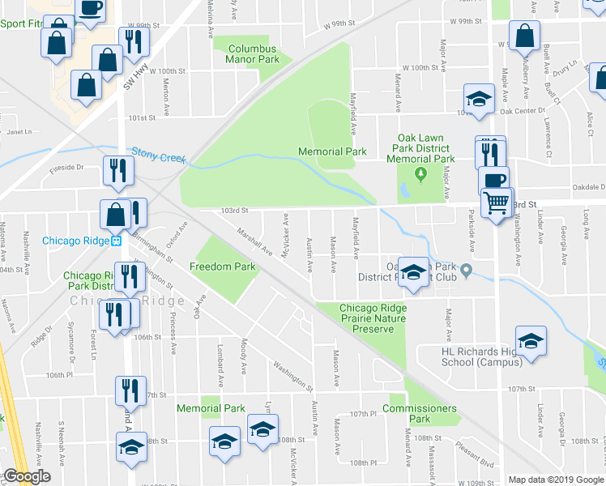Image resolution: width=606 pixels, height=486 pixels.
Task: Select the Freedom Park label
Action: point(222,266)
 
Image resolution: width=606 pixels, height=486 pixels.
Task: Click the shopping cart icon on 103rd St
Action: point(497,202)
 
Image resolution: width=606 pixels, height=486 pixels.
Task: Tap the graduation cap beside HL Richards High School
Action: point(531,341)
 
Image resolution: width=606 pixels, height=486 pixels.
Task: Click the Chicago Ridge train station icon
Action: point(117,241)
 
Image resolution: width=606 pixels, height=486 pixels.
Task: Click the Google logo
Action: point(27,477)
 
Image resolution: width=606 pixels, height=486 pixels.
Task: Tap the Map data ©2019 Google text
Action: point(556,480)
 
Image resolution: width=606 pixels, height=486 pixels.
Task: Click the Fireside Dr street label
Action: point(66,168)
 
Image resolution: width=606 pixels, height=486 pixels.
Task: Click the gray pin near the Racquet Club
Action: point(466,268)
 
